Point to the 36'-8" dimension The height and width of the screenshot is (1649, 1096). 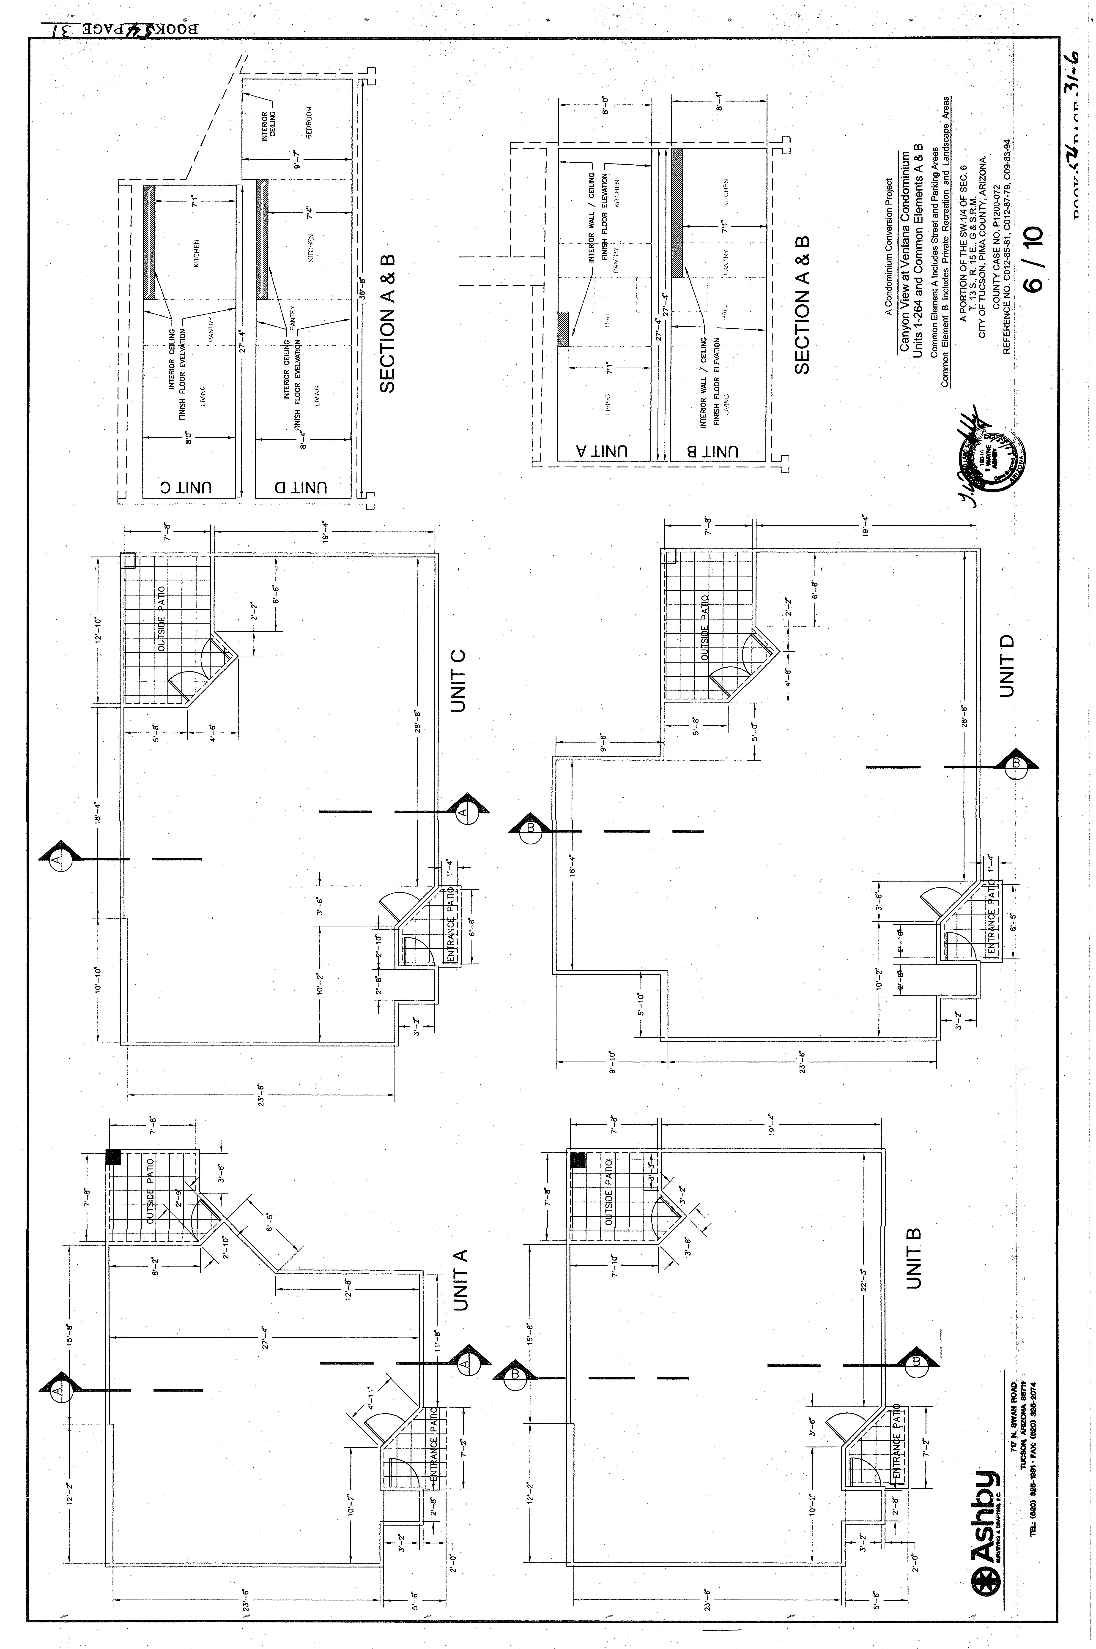click(x=362, y=288)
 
